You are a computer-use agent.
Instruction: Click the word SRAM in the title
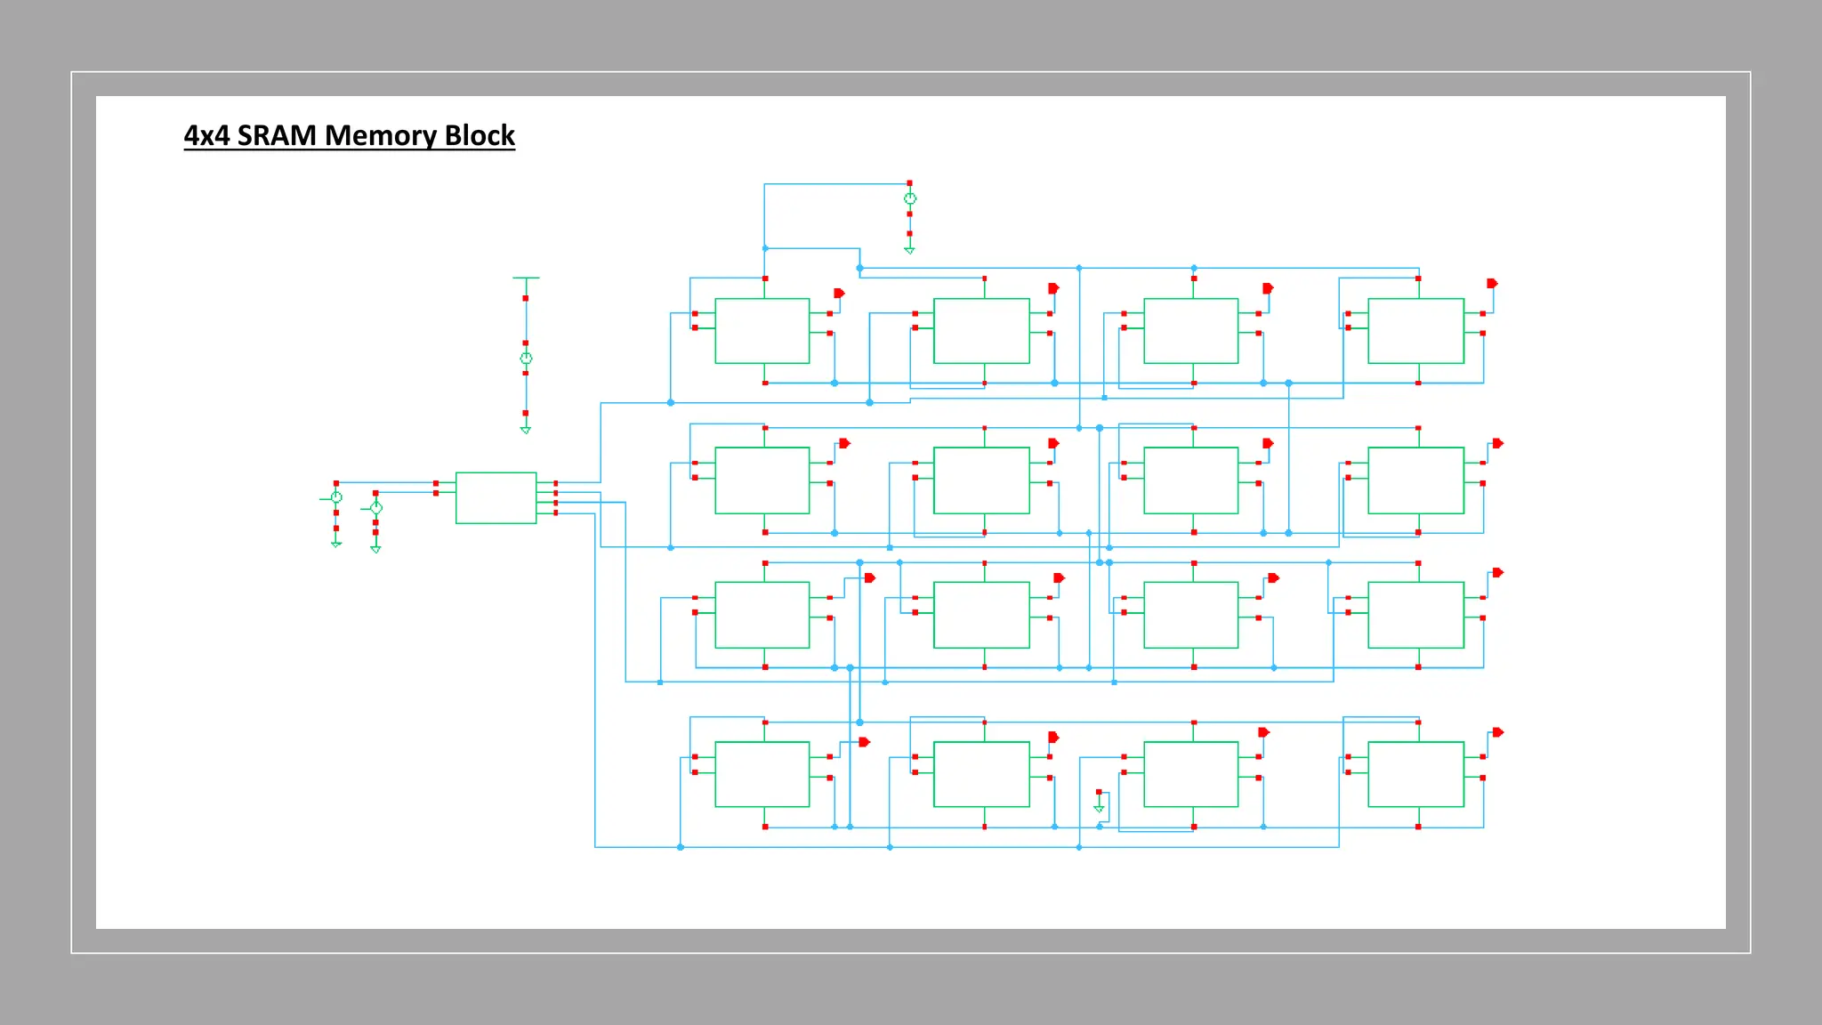[x=276, y=135]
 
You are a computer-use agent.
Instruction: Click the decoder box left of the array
[x=496, y=498]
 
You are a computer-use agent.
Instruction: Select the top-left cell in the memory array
[x=762, y=331]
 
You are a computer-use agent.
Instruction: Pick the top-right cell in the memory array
[x=1415, y=331]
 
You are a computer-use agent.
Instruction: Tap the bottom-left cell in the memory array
[x=762, y=774]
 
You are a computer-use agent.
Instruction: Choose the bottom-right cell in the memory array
[x=1415, y=774]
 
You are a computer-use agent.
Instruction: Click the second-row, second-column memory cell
[x=981, y=480]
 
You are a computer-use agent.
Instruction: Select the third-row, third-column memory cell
[x=1190, y=615]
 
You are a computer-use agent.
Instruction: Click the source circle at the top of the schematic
[x=909, y=198]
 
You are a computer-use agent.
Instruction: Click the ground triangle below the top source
[x=909, y=250]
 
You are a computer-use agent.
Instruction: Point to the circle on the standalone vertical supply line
[x=526, y=358]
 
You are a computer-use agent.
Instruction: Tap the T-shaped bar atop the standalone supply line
[x=526, y=278]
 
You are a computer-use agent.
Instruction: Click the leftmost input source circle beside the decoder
[x=336, y=496]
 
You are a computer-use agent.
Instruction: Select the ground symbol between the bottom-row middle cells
[x=1099, y=807]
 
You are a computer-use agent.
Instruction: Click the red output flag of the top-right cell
[x=1492, y=284]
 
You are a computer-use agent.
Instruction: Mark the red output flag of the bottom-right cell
[x=1497, y=732]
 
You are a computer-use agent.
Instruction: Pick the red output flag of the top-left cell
[x=839, y=293]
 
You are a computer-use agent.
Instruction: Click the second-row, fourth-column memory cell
[x=1415, y=480]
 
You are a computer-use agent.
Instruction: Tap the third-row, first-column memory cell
[x=762, y=615]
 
